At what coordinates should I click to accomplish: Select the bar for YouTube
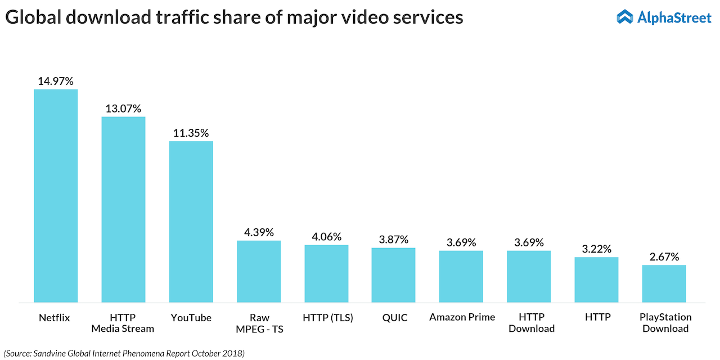(x=191, y=222)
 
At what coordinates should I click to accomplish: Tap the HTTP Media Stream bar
(x=123, y=209)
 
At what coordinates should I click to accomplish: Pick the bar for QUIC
(x=393, y=275)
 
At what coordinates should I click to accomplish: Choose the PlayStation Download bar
(x=664, y=283)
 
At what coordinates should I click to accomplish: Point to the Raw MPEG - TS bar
(x=259, y=271)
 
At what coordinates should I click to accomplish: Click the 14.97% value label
(x=56, y=81)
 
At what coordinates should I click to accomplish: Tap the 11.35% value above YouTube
(x=191, y=133)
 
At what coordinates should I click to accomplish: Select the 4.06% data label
(x=326, y=237)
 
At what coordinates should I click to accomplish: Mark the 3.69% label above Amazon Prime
(x=461, y=242)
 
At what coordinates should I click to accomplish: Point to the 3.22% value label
(x=596, y=249)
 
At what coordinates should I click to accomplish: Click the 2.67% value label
(x=664, y=257)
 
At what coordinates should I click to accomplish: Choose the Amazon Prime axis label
(x=462, y=317)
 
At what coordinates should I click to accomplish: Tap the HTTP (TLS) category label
(x=327, y=317)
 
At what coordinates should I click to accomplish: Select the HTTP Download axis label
(x=532, y=323)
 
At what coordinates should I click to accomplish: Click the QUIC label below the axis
(x=394, y=317)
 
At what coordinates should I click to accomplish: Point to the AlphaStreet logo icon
(x=624, y=17)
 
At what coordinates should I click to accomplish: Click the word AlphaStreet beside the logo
(x=674, y=17)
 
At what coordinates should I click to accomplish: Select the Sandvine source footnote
(x=124, y=353)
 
